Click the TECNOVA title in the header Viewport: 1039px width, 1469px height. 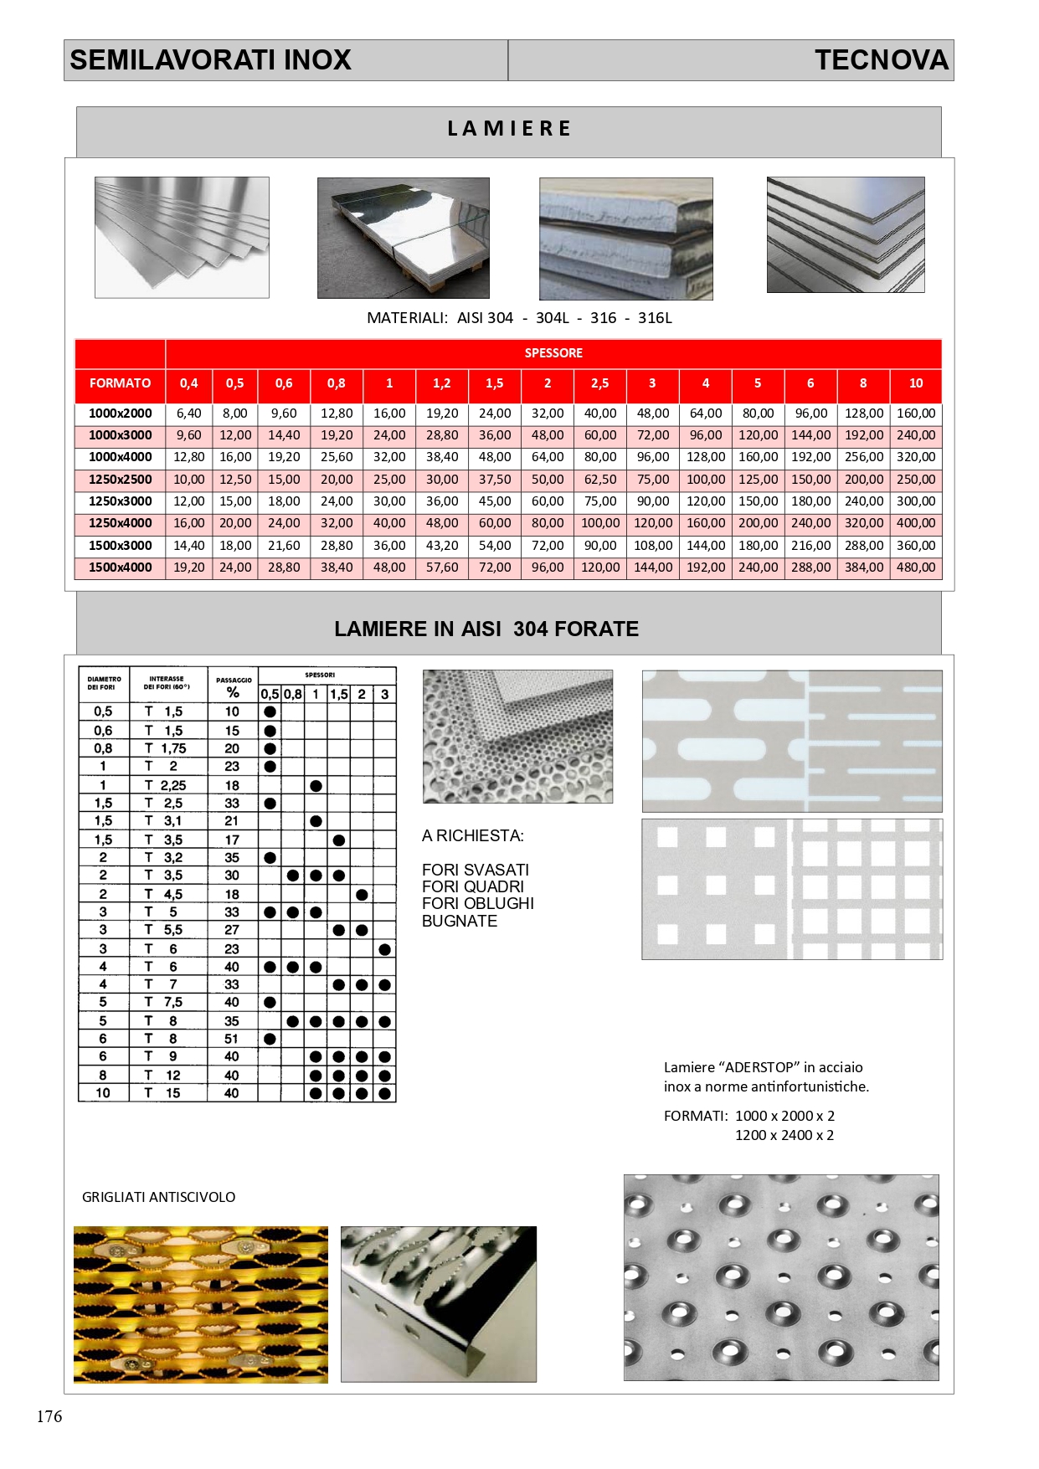tap(881, 60)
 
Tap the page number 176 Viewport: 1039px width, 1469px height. tap(49, 1416)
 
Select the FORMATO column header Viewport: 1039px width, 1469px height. tap(120, 383)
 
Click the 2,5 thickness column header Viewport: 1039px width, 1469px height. tap(599, 383)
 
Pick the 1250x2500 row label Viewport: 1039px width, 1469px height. tap(120, 480)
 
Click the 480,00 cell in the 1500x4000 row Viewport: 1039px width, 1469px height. tap(916, 568)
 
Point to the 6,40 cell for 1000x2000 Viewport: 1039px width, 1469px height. tap(188, 413)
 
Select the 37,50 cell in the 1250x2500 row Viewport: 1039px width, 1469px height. tap(494, 480)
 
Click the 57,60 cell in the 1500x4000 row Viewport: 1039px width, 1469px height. tap(441, 568)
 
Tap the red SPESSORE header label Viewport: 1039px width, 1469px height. tap(553, 353)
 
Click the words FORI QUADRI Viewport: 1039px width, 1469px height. tap(473, 886)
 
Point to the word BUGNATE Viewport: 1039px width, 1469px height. tap(460, 921)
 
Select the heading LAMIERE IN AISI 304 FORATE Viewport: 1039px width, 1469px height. tap(486, 629)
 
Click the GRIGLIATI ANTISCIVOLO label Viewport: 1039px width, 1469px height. tap(158, 1197)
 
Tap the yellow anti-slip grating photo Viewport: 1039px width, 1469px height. tap(201, 1304)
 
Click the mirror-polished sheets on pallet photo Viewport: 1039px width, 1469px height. tap(403, 238)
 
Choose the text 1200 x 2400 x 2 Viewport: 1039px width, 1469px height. tap(784, 1135)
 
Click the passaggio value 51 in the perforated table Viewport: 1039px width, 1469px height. tap(232, 1039)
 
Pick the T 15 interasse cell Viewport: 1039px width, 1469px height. tap(162, 1093)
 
